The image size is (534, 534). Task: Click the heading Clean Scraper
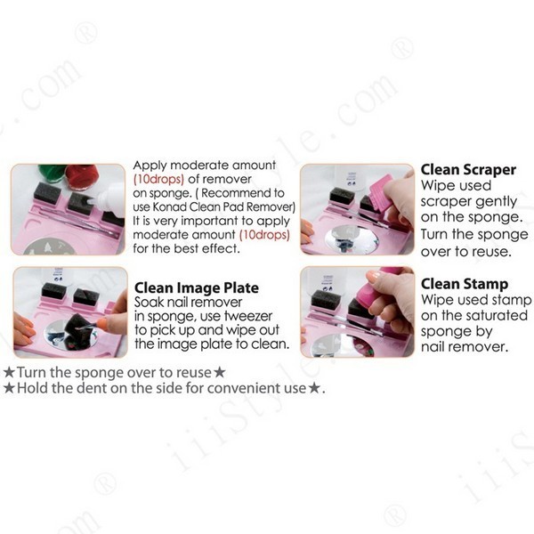coord(468,170)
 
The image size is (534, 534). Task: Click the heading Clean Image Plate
coord(197,288)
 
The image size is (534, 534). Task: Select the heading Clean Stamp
coord(465,284)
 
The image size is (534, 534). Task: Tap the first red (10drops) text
coord(158,179)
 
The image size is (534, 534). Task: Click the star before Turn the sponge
coord(9,372)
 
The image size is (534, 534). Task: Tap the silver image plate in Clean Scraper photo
coord(352,238)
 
